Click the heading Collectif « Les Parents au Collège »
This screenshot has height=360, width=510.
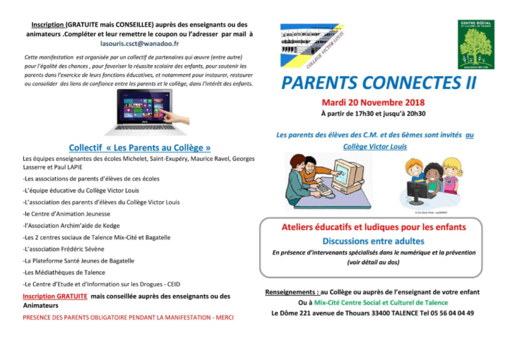[140, 148]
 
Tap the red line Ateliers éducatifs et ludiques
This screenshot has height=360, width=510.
[374, 227]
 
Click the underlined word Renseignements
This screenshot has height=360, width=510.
[290, 292]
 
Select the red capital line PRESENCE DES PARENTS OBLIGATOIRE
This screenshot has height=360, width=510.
[128, 317]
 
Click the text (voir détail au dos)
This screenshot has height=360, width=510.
[374, 262]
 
